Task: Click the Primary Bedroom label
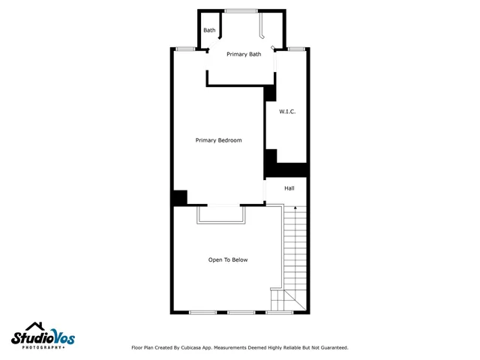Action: (218, 140)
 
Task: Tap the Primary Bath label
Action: (244, 54)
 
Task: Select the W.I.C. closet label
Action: (287, 112)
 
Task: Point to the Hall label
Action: (289, 188)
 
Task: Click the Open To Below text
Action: (228, 260)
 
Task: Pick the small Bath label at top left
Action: (209, 31)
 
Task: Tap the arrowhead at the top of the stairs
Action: (295, 206)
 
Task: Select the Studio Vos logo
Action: (43, 337)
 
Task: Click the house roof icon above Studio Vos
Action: (33, 326)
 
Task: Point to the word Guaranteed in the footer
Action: (331, 348)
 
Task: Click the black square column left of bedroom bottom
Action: (179, 198)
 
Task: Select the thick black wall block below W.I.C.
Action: (287, 169)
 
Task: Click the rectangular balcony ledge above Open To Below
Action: (220, 215)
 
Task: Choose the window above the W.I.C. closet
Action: (296, 49)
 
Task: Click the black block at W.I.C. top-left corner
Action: (270, 93)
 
